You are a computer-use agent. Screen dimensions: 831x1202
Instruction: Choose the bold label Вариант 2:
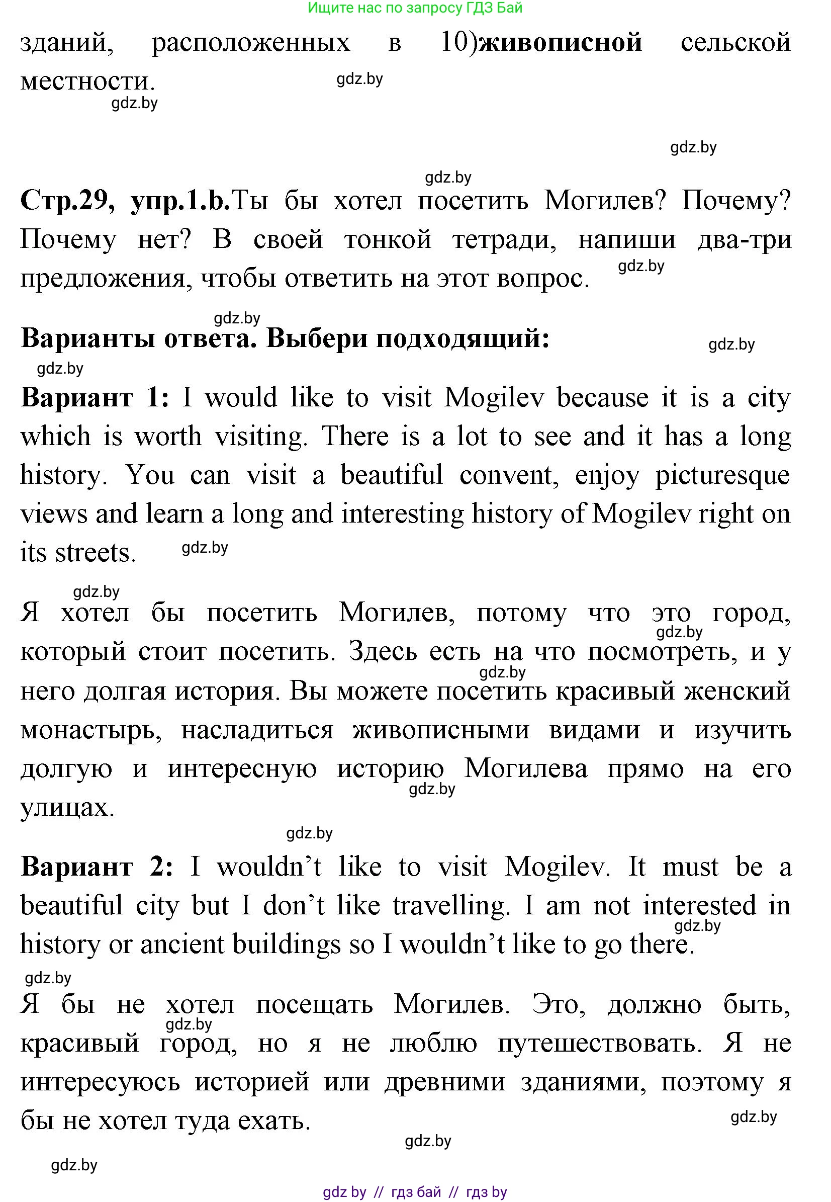pos(97,867)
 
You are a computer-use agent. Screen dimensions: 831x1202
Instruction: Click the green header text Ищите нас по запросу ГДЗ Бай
pos(415,8)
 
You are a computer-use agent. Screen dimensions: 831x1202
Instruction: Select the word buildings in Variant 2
pos(285,944)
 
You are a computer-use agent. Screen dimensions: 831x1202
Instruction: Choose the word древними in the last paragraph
pos(444,1082)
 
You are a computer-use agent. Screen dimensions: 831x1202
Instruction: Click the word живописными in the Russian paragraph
pos(440,730)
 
